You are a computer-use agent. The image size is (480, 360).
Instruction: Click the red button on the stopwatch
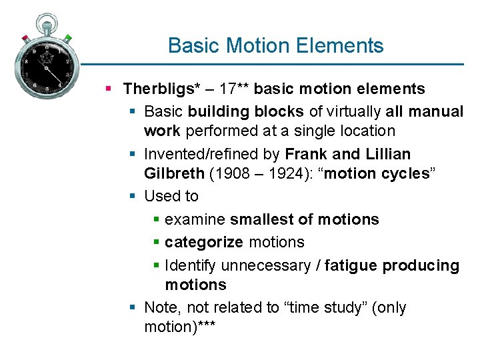tap(25, 37)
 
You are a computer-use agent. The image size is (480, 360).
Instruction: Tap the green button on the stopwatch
tap(67, 38)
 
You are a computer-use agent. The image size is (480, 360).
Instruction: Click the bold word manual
tap(438, 111)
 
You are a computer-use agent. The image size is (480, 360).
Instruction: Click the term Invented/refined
tap(195, 154)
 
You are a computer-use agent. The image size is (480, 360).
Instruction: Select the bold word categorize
tap(203, 242)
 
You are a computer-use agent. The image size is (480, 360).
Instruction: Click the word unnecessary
tap(265, 265)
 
